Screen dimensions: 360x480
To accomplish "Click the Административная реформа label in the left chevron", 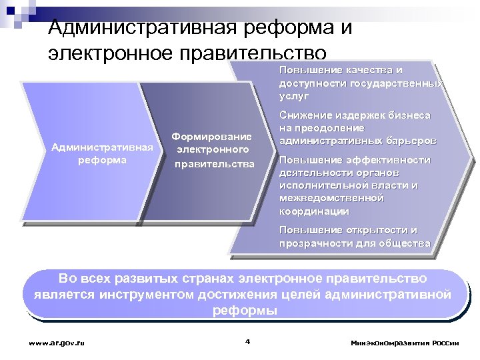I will (102, 153).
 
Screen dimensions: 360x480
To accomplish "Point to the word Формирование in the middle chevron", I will (211, 136).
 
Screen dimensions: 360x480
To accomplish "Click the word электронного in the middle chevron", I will (213, 149).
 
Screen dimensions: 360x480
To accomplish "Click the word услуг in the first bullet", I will (294, 96).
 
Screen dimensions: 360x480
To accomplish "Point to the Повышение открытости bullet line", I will (348, 230).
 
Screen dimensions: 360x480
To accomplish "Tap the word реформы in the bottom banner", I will (245, 311).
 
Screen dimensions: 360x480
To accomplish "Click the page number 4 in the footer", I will (247, 342).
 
